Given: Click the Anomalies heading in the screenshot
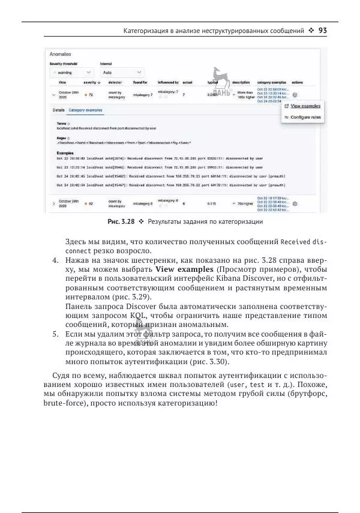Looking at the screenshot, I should coord(61,54).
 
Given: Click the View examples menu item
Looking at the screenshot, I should coord(305,106).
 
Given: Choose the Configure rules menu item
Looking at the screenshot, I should coord(305,117).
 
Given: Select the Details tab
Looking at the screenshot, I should coord(58,110).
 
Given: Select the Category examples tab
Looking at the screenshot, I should coord(85,110).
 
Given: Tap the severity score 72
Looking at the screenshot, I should coord(91,95).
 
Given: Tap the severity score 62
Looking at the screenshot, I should coord(91,204).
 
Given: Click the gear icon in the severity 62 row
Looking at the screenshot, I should coord(295,203).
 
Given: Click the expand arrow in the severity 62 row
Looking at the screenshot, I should coord(54,204).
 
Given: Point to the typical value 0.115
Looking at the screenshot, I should coord(212,204).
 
